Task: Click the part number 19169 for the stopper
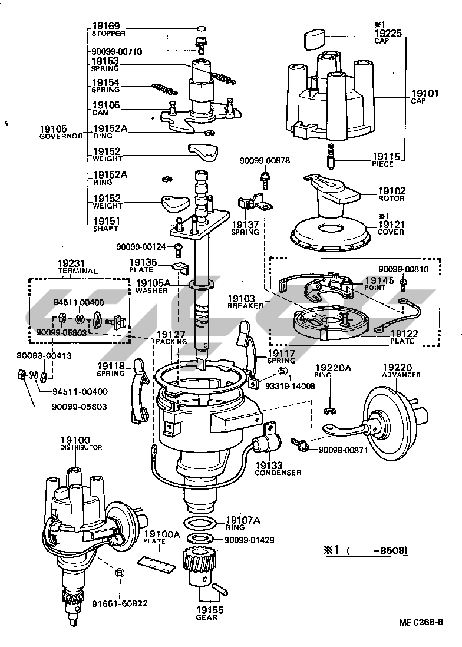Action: point(106,26)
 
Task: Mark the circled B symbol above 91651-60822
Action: point(119,572)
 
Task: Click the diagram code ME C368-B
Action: point(421,622)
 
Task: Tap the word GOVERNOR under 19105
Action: point(61,136)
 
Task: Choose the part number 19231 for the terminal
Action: point(71,263)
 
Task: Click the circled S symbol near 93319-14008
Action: point(282,371)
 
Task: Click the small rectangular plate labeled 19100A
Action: point(157,562)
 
